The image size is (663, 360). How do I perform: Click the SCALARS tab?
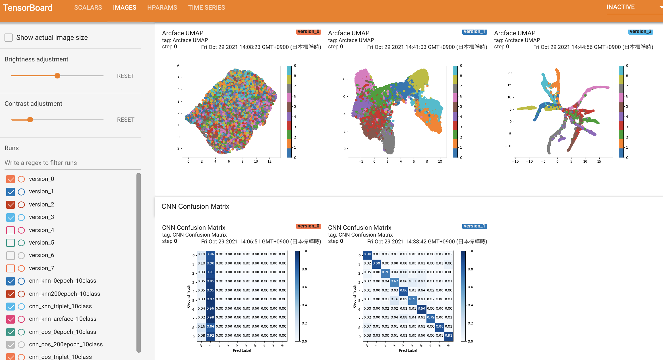(x=88, y=8)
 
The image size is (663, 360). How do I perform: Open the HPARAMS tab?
(x=162, y=8)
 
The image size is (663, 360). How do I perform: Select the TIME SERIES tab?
(x=206, y=8)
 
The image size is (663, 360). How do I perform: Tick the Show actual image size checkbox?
(x=9, y=38)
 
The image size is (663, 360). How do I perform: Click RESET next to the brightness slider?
(x=125, y=76)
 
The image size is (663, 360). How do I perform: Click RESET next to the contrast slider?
(x=125, y=120)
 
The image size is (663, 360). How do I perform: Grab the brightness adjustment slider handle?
(x=57, y=76)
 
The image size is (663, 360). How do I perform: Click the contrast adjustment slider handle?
(x=30, y=120)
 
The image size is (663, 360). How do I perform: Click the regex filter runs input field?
(x=72, y=163)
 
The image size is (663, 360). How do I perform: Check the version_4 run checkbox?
(x=11, y=230)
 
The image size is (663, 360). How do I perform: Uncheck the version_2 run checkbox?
(x=11, y=204)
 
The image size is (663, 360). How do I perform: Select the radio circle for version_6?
(x=21, y=255)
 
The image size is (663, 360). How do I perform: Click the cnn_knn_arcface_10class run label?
(x=63, y=319)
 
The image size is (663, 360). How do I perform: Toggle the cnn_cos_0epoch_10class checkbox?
(x=11, y=332)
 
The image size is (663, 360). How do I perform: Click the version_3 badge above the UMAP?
(x=640, y=32)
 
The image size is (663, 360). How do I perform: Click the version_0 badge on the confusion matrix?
(x=308, y=226)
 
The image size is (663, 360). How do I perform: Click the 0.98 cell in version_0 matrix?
(x=210, y=317)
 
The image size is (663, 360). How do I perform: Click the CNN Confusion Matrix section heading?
(x=195, y=206)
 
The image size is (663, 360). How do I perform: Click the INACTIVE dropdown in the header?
(x=634, y=7)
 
